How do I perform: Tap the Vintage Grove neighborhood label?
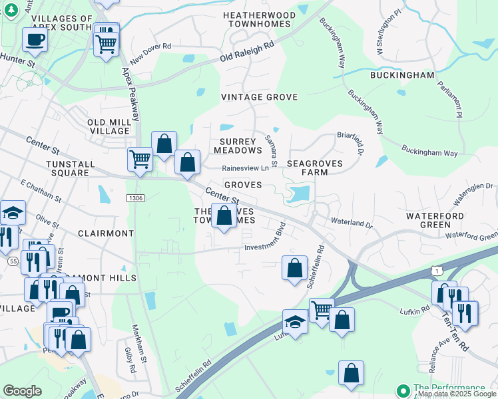[x=259, y=97]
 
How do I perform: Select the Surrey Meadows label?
[x=238, y=146]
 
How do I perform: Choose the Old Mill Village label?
[x=108, y=126]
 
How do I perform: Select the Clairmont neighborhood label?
[x=107, y=233]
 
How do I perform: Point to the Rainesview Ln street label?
[x=250, y=168]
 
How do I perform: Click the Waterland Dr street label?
[x=351, y=223]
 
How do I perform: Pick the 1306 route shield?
[x=135, y=198]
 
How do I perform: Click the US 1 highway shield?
[x=436, y=269]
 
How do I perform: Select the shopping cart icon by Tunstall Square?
[x=139, y=158]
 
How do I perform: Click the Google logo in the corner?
[x=22, y=391]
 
